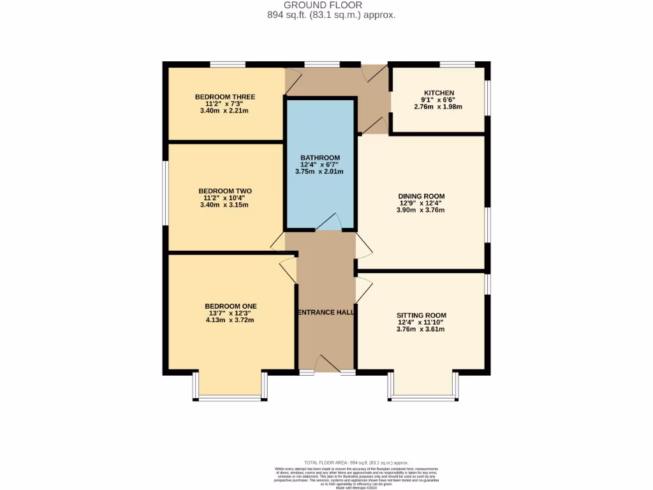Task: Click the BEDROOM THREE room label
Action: (x=224, y=97)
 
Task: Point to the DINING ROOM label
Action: (x=421, y=197)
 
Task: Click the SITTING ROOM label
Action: (x=421, y=315)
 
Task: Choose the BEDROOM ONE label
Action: (x=230, y=306)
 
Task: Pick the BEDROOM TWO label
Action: (x=224, y=191)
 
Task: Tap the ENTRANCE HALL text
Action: (x=326, y=313)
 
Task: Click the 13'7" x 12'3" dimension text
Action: (x=230, y=313)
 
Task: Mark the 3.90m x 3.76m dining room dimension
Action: (x=421, y=211)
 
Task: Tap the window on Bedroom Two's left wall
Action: (x=165, y=193)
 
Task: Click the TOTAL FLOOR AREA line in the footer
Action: (x=358, y=463)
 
